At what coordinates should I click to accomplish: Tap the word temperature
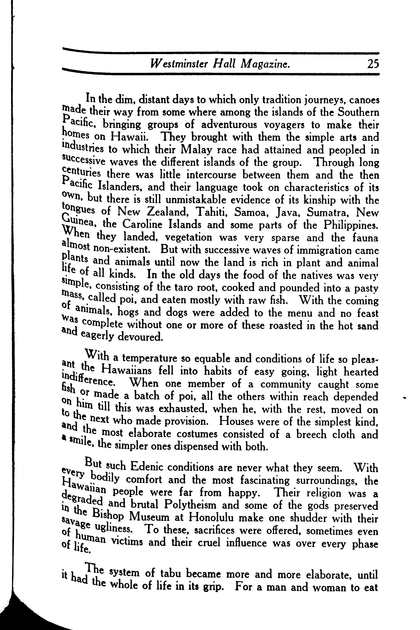tap(150, 358)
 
